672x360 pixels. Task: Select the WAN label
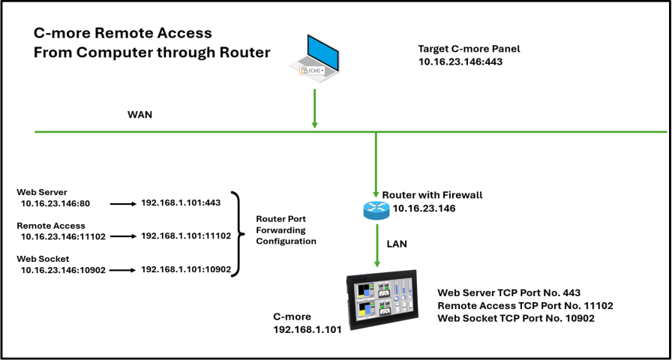pyautogui.click(x=140, y=117)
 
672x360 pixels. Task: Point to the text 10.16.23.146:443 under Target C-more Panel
pyautogui.click(x=460, y=62)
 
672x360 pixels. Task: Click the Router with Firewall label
pyautogui.click(x=432, y=195)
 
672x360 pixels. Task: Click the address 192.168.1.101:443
pyautogui.click(x=180, y=203)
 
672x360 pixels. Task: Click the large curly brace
pyautogui.click(x=238, y=235)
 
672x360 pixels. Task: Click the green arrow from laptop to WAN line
pyautogui.click(x=315, y=109)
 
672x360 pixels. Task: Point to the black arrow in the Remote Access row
pyautogui.click(x=121, y=236)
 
